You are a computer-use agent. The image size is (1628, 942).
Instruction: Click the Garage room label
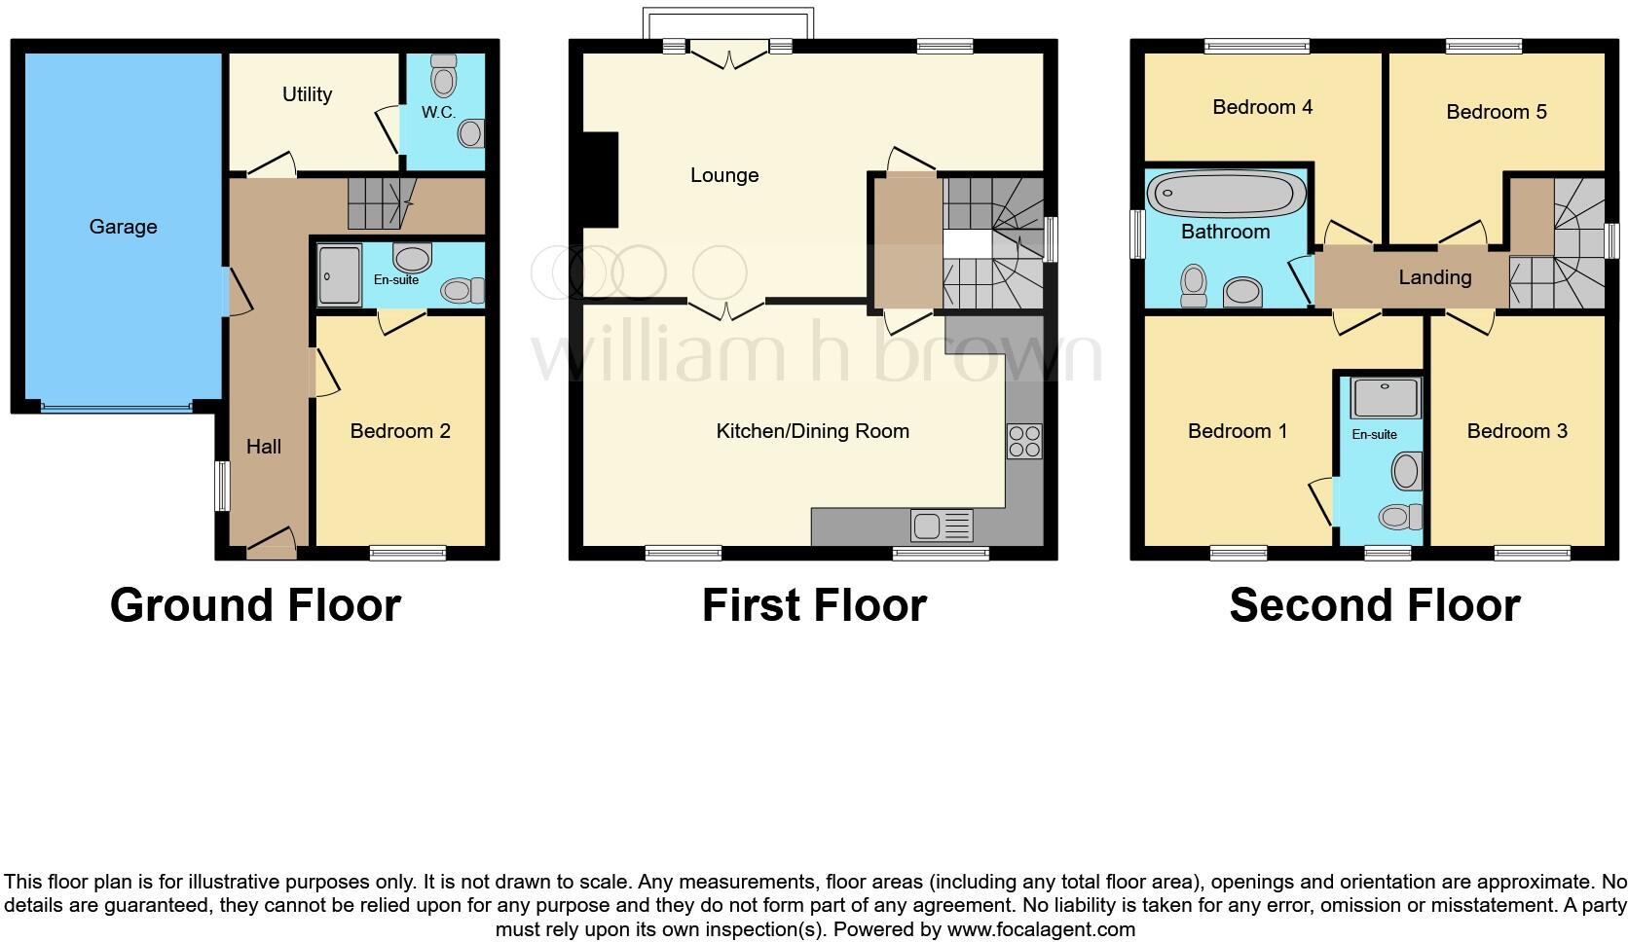coord(123,227)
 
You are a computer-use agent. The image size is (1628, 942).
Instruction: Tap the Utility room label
coord(307,94)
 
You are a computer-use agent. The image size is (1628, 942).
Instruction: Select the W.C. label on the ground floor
coord(438,112)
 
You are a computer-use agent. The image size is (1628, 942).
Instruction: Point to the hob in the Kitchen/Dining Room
coord(1023,441)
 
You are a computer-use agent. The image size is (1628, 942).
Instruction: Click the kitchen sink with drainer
coord(942,525)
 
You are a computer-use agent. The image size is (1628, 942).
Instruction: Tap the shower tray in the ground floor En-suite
coord(339,275)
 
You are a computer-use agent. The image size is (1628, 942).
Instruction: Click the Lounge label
coord(723,175)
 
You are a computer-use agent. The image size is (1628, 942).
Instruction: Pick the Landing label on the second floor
coord(1434,277)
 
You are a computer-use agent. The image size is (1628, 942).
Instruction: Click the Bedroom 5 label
coord(1496,112)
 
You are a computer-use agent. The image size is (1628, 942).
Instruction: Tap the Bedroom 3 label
coord(1517,431)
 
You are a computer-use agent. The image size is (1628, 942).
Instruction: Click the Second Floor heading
coord(1374,605)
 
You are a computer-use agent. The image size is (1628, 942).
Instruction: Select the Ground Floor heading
coord(255,605)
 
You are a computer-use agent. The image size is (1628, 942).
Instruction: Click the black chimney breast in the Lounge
coord(600,180)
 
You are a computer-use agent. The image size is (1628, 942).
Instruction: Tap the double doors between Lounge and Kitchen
coord(727,308)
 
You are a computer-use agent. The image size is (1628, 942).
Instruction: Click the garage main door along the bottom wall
coord(116,407)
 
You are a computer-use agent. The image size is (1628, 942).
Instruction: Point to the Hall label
coord(263,447)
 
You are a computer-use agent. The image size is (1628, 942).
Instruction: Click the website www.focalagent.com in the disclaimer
coord(1041,929)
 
